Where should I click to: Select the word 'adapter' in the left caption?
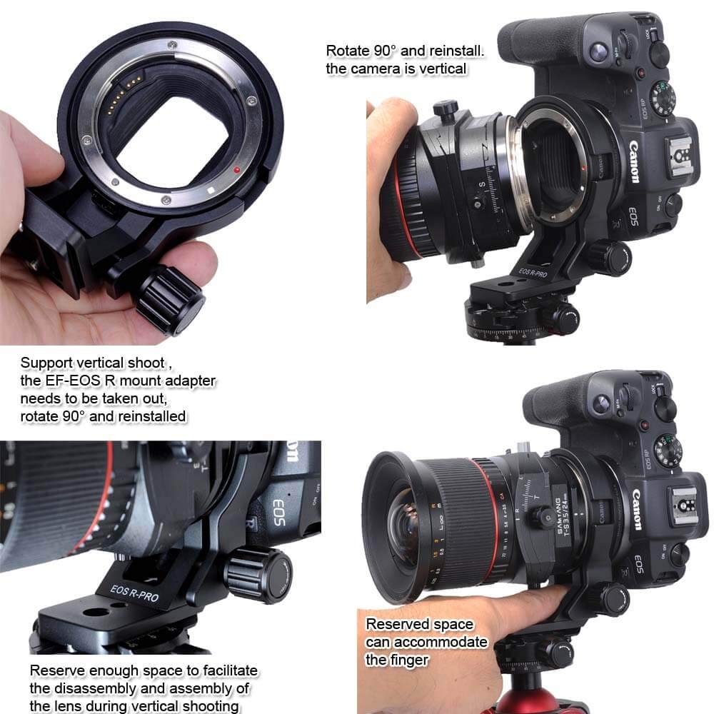(x=190, y=381)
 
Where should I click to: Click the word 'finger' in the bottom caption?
(x=408, y=660)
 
